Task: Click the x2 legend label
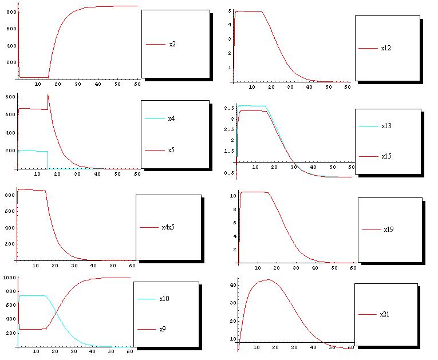tap(172, 44)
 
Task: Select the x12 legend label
tap(386, 48)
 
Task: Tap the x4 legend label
tap(171, 119)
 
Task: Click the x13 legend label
tap(386, 126)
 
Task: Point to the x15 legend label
tap(386, 156)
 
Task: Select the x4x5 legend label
tap(168, 227)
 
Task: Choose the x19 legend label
tap(389, 230)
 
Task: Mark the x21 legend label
tap(385, 314)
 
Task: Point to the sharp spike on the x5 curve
tap(48, 95)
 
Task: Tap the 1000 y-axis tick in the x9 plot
tap(8, 278)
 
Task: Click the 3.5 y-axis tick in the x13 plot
tap(227, 108)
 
